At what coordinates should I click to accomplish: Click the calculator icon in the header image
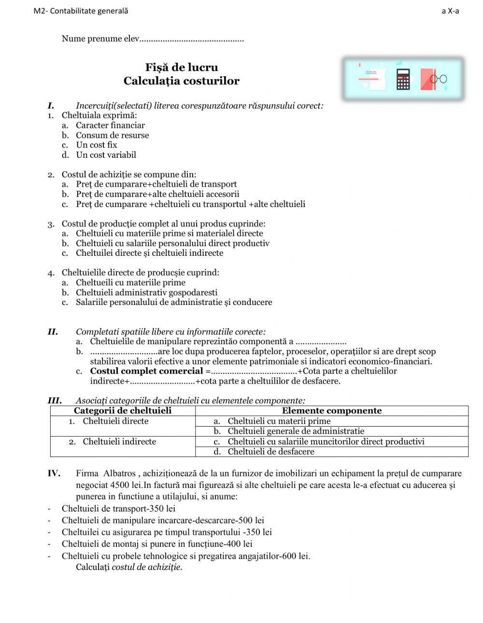(403, 79)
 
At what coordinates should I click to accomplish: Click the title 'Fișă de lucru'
(182, 68)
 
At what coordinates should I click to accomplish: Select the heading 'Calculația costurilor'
(182, 81)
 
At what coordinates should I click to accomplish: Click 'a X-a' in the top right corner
(450, 11)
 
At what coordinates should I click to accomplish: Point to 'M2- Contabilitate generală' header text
(81, 11)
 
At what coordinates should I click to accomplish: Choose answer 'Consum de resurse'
(112, 135)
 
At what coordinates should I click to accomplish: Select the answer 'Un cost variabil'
(106, 155)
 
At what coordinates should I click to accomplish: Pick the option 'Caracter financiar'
(110, 125)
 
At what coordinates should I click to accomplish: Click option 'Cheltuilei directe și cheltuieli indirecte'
(149, 253)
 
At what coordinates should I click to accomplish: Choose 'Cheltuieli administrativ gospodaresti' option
(146, 292)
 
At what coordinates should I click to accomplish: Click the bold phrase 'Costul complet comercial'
(146, 371)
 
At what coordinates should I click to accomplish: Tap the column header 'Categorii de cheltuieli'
(123, 411)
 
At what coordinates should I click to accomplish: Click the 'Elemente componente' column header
(331, 411)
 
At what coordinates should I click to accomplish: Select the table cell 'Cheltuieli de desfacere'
(270, 452)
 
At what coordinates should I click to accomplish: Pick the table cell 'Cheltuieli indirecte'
(119, 442)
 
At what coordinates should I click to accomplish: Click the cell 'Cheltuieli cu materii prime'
(279, 421)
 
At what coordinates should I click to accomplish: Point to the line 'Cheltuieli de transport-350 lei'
(118, 509)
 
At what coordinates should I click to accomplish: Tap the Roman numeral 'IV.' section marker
(54, 473)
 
